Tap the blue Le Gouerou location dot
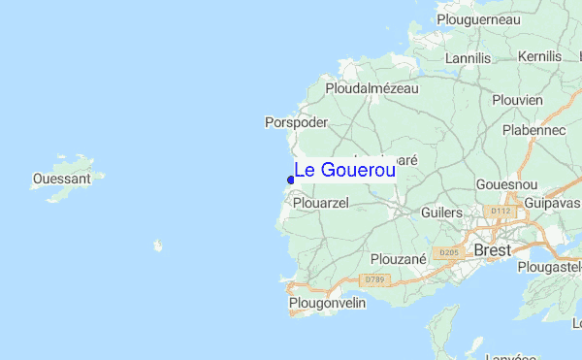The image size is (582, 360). click(x=291, y=179)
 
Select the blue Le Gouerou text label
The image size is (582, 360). click(x=344, y=170)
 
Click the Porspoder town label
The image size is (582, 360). click(x=296, y=123)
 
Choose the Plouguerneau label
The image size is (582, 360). click(x=478, y=19)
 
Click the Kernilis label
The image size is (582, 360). click(x=539, y=57)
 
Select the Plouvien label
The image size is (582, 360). click(x=517, y=99)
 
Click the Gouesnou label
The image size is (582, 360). click(x=506, y=183)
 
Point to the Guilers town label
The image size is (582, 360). click(x=442, y=213)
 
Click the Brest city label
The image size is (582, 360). click(x=493, y=250)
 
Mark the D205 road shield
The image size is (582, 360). click(x=448, y=253)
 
